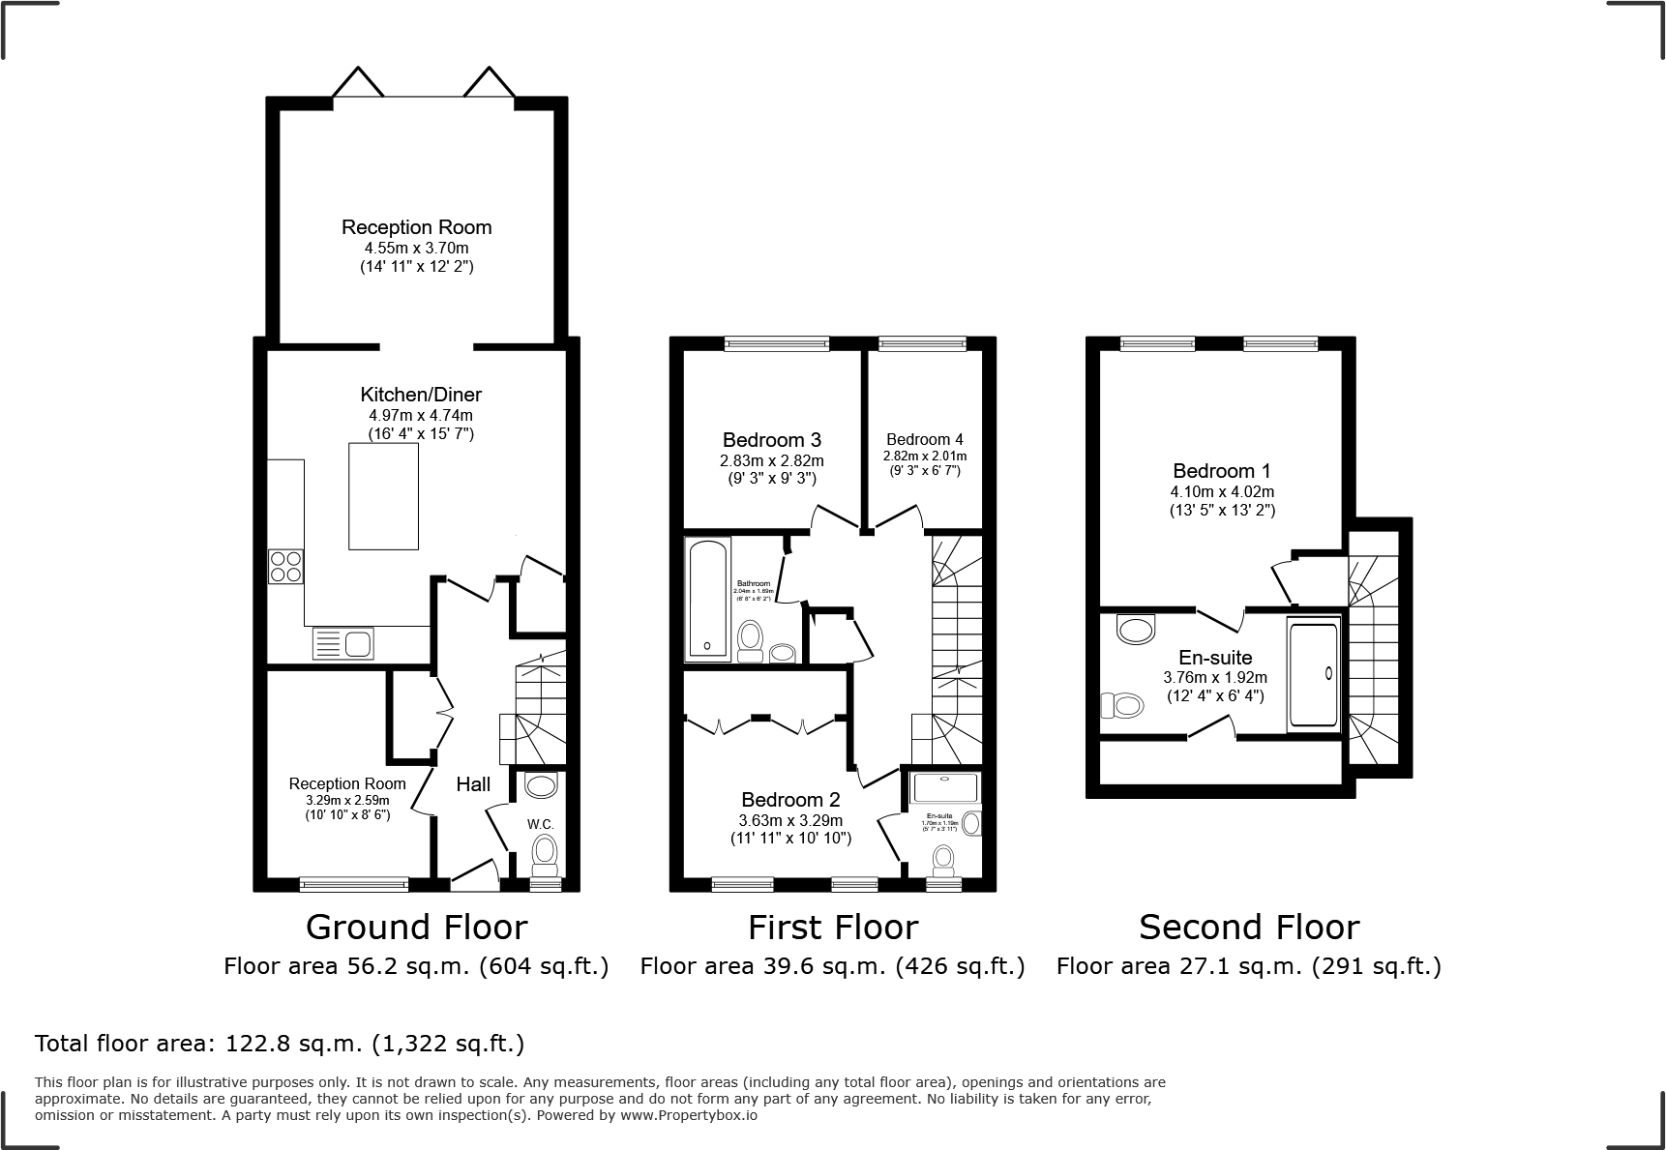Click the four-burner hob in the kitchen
pos(285,566)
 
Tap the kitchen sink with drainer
pos(343,643)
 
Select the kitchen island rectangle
pos(383,496)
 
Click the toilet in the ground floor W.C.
pos(546,853)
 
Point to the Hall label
pos(473,784)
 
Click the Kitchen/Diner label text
pos(421,395)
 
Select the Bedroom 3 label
pos(771,441)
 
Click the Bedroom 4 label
pos(924,440)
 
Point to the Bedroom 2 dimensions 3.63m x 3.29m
pos(790,820)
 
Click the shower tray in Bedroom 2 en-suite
pos(945,787)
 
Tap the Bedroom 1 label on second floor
pos(1221,471)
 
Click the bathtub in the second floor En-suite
pos(1313,674)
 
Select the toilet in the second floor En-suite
pos(1122,705)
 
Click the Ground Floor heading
pos(416,927)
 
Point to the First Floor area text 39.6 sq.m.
pos(832,965)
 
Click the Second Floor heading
pos(1248,927)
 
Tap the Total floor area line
pos(280,1044)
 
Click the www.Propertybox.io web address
pos(690,1115)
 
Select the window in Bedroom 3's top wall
pos(777,342)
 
